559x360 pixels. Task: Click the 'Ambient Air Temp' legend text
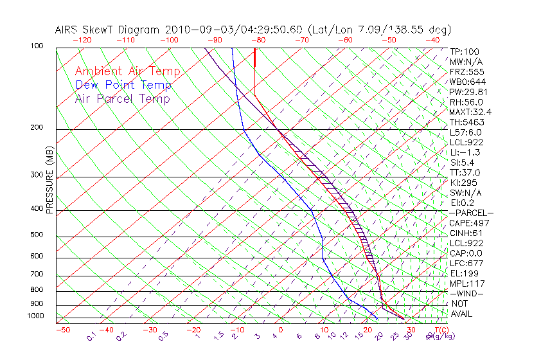[127, 71]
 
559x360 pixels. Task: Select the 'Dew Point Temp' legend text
[123, 85]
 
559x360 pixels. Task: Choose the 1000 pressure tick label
[36, 316]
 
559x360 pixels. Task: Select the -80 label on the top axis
[258, 40]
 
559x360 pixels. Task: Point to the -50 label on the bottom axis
[62, 330]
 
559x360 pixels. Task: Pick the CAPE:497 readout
[469, 223]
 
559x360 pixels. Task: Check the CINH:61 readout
[466, 233]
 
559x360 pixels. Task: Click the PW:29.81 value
[468, 92]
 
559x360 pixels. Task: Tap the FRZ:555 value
[466, 71]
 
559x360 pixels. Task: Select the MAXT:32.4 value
[471, 112]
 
